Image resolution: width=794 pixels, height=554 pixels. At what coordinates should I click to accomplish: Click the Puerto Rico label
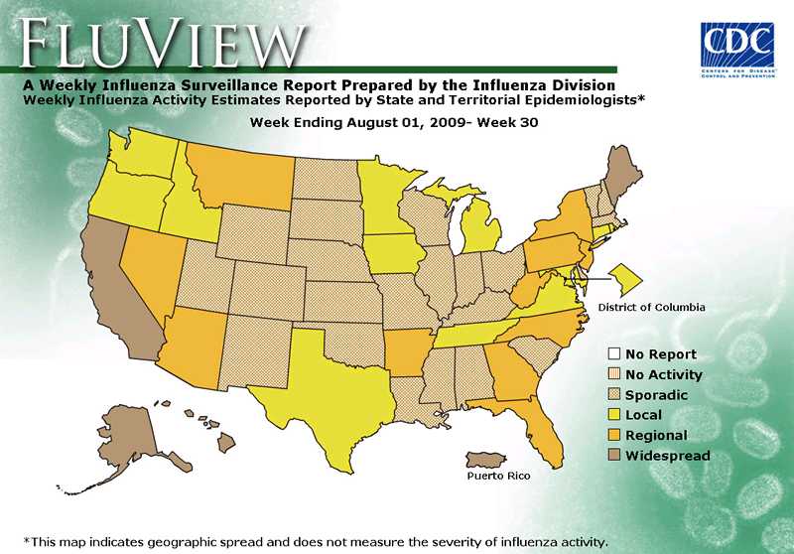click(x=498, y=477)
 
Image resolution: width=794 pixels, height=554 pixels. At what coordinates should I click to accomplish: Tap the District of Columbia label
click(x=651, y=307)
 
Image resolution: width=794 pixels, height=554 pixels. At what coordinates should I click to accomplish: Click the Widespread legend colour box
click(x=614, y=456)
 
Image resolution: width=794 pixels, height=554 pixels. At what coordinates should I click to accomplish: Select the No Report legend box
click(x=614, y=354)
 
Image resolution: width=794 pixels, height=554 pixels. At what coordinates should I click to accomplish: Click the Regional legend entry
click(x=655, y=436)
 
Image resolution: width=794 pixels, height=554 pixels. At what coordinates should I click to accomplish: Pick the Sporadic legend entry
click(x=655, y=395)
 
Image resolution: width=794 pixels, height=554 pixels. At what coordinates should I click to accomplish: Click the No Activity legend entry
click(x=663, y=374)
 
